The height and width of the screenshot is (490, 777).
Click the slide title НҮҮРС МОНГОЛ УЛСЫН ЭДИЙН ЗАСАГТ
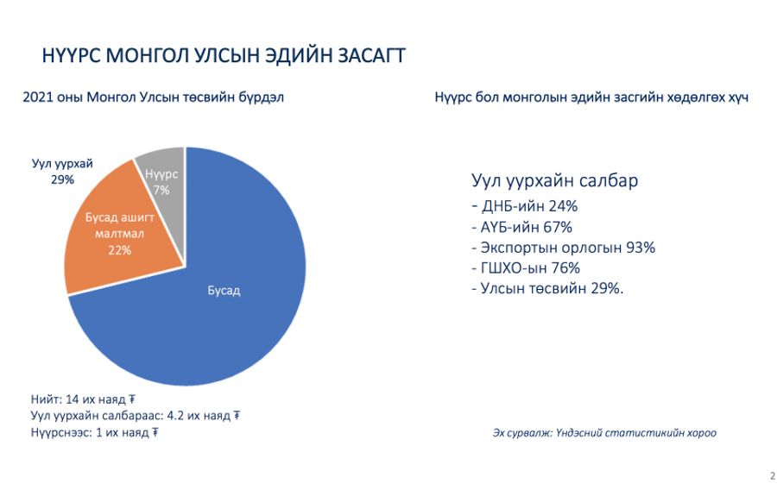pos(224,55)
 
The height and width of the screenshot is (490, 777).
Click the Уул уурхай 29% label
pos(62,172)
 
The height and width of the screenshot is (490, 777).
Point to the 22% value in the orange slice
pos(119,250)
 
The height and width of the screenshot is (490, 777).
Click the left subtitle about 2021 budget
pos(153,97)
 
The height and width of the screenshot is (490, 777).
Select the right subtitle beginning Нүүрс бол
pos(591,97)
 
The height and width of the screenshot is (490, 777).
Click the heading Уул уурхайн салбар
pos(554,180)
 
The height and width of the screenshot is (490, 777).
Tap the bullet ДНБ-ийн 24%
pos(524,206)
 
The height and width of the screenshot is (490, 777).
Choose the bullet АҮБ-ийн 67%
pos(521,227)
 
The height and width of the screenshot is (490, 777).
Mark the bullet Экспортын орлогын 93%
pos(564,248)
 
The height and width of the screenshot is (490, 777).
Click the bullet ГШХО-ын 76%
pos(526,267)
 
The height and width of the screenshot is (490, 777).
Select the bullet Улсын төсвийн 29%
pos(547,288)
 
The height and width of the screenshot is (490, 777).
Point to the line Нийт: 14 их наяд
pos(83,399)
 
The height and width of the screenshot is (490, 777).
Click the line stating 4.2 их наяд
pos(136,416)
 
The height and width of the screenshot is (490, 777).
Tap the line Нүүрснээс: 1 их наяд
pos(94,432)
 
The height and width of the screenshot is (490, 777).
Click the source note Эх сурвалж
pos(604,433)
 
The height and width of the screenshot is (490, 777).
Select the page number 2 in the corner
pos(773,476)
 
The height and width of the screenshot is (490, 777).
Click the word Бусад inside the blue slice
pos(224,291)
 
